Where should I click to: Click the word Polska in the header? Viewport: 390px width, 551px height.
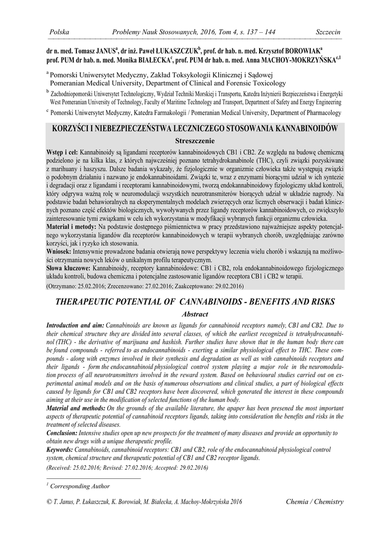[59, 33]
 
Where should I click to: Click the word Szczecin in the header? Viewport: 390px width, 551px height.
[328, 33]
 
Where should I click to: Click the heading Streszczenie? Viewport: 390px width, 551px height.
[195, 139]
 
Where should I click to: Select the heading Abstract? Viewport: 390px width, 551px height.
[194, 314]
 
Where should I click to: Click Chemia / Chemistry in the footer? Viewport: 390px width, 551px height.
[315, 502]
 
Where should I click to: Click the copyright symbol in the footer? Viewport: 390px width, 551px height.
[50, 502]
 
